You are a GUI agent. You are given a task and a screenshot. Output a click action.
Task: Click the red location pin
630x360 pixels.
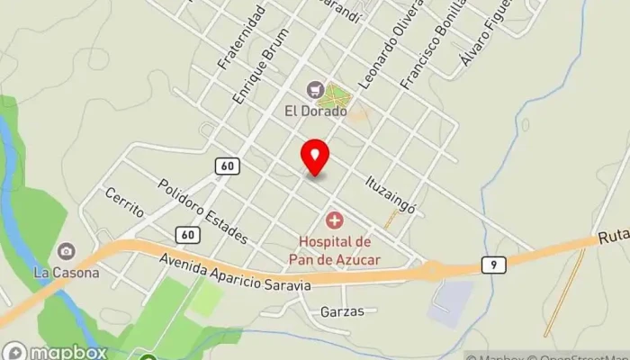pyautogui.click(x=315, y=157)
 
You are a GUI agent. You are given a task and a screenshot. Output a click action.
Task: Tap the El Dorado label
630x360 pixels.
pyautogui.click(x=316, y=112)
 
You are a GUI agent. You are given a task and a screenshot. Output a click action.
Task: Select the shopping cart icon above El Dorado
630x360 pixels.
pyautogui.click(x=314, y=89)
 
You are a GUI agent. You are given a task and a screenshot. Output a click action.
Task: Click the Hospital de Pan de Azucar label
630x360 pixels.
pyautogui.click(x=334, y=250)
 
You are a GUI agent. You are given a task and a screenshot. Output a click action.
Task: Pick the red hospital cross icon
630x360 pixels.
pyautogui.click(x=335, y=220)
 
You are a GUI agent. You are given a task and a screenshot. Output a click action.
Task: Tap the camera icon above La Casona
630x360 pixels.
pyautogui.click(x=66, y=251)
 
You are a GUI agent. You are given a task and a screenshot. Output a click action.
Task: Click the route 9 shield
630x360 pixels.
pyautogui.click(x=491, y=265)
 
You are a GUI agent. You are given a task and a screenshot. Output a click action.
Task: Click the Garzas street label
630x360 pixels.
pyautogui.click(x=342, y=312)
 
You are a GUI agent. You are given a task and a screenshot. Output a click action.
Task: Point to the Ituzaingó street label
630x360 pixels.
pyautogui.click(x=391, y=193)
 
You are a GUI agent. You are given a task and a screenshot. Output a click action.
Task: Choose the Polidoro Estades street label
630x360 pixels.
pyautogui.click(x=202, y=211)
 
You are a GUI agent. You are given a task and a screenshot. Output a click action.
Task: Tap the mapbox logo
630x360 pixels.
pyautogui.click(x=56, y=352)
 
